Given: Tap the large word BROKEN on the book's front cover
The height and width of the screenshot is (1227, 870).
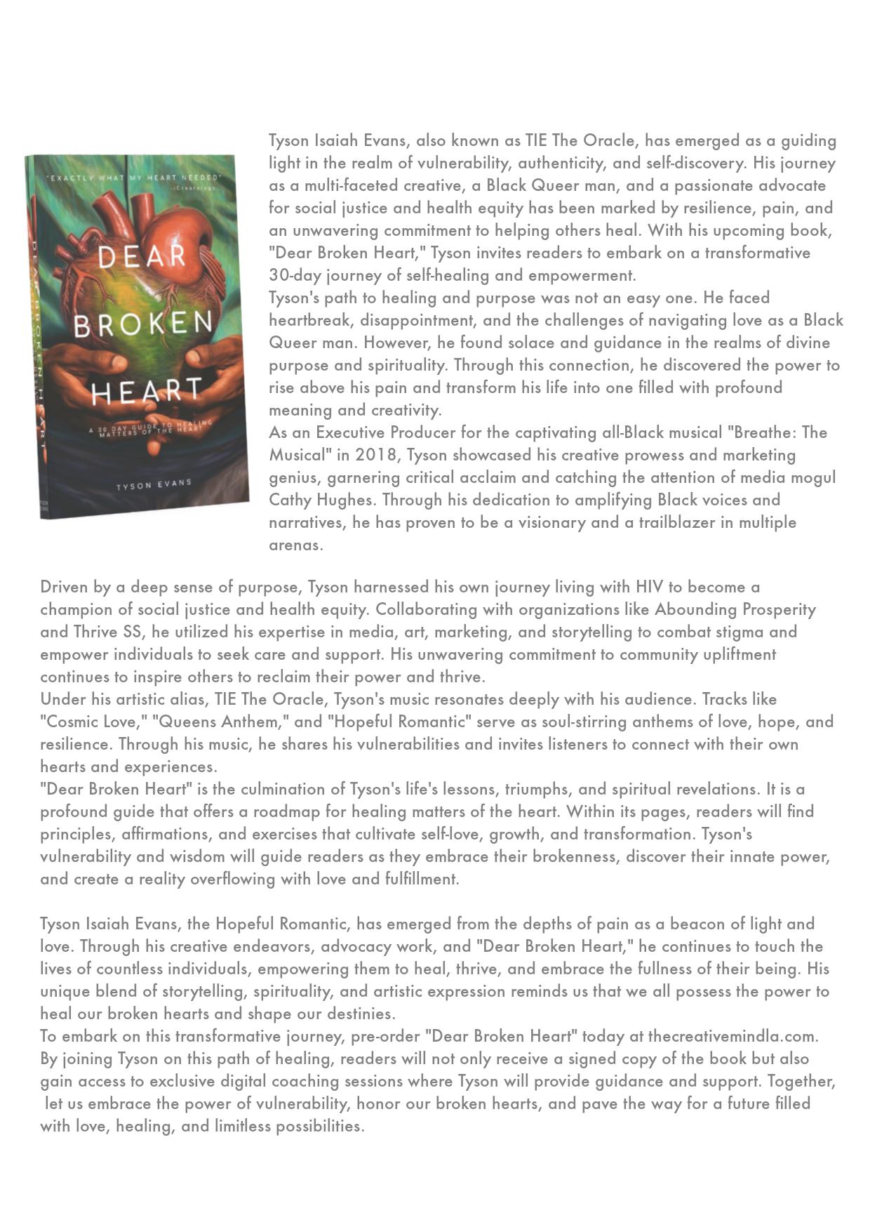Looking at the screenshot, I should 143,324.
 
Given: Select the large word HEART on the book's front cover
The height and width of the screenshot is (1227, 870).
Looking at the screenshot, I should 147,391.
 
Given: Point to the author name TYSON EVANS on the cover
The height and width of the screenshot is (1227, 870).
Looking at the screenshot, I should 154,484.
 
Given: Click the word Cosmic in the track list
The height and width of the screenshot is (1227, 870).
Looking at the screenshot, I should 72,722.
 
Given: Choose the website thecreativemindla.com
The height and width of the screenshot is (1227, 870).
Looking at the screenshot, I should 732,1036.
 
